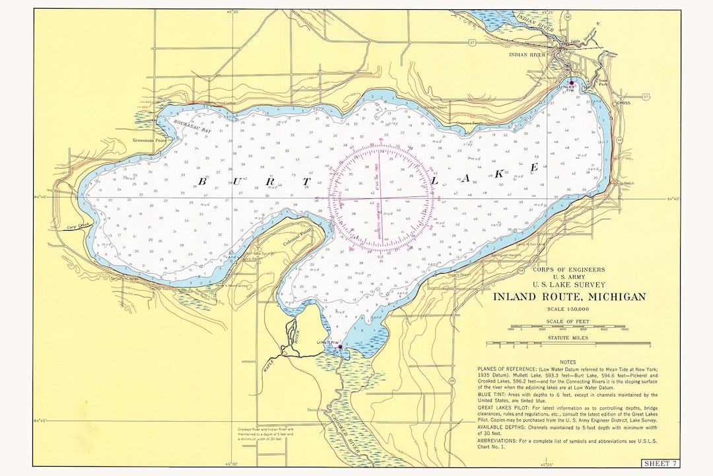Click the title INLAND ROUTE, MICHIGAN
click(569, 297)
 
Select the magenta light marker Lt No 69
click(572, 83)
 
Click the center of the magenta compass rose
click(382, 197)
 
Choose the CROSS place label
click(623, 103)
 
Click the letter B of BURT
click(203, 180)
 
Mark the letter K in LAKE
click(499, 174)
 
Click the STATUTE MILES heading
click(568, 338)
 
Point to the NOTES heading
click(568, 362)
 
